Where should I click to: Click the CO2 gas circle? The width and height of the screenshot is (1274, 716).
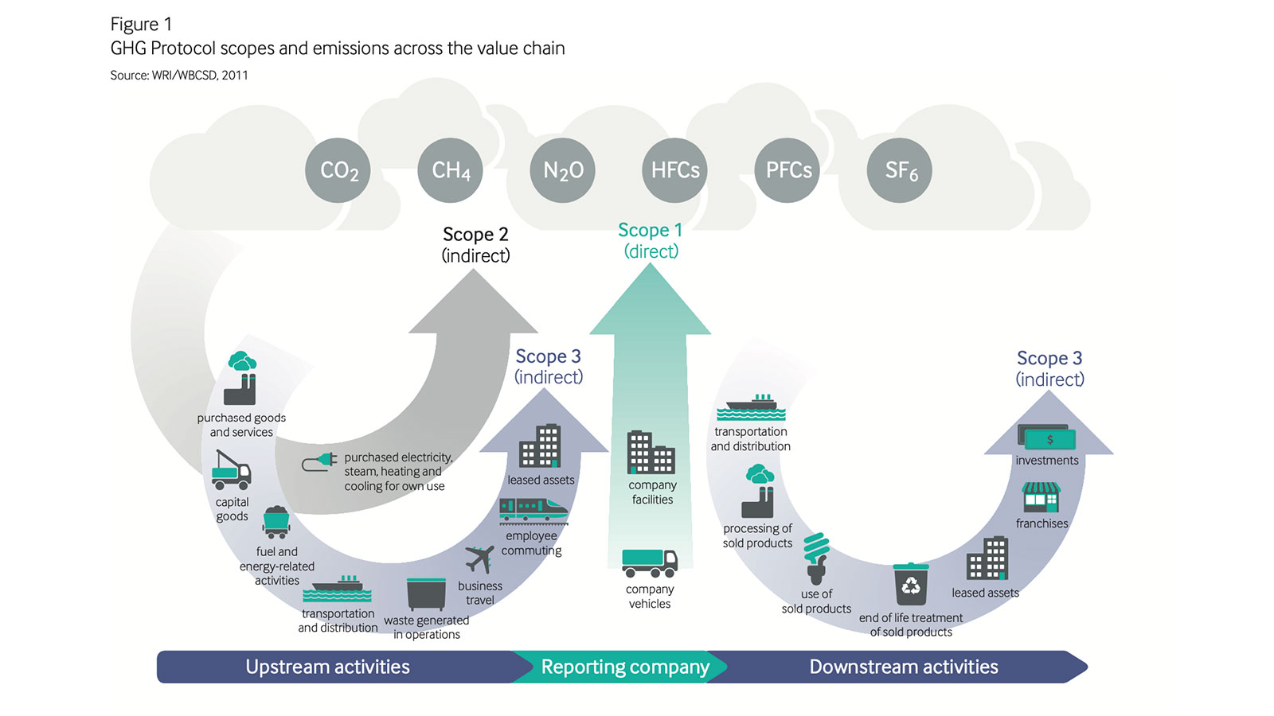coord(338,170)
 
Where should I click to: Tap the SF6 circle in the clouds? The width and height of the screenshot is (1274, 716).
coord(900,170)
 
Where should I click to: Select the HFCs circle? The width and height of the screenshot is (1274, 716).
coord(674,170)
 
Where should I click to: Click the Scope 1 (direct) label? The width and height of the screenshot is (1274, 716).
coord(651,240)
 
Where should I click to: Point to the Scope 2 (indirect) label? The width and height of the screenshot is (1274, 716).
coord(475,244)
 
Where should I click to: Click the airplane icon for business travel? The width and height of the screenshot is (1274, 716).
coord(479,559)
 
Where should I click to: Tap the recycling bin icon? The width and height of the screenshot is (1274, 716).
coord(911,585)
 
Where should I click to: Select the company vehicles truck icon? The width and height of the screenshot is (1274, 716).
coord(649,562)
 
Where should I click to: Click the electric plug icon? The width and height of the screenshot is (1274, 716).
coord(319,461)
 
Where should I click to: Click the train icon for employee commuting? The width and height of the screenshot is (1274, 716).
coord(533,511)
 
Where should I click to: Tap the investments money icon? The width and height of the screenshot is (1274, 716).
coord(1046,438)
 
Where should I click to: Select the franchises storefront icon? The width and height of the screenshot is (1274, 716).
coord(1041,497)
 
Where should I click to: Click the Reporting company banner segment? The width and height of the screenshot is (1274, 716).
coord(624,667)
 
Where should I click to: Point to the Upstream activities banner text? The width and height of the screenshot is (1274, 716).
coord(327,667)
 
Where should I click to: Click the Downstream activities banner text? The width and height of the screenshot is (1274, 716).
coord(903,667)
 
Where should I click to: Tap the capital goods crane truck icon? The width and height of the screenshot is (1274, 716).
coord(231,471)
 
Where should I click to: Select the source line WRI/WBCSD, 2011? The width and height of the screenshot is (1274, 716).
coord(179,75)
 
